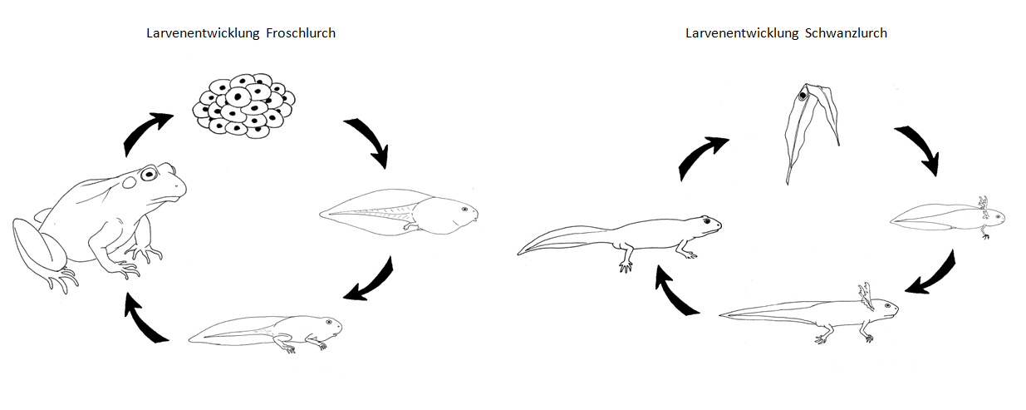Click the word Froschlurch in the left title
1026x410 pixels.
(x=300, y=33)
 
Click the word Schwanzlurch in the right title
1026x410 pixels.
(x=846, y=33)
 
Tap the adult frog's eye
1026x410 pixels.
(x=149, y=175)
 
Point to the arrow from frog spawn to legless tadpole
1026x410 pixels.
(x=368, y=140)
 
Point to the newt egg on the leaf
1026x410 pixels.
(x=804, y=96)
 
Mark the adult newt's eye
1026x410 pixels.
(x=706, y=221)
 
